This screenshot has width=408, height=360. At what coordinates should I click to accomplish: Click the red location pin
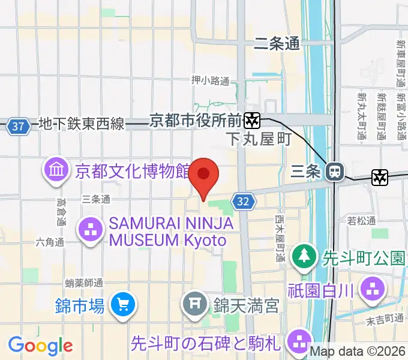[x=204, y=175]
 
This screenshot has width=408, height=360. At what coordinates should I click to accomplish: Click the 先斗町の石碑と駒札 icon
[x=299, y=343]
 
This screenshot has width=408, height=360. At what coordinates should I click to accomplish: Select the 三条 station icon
[x=334, y=172]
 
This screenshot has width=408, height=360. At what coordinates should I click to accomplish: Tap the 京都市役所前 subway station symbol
[x=253, y=121]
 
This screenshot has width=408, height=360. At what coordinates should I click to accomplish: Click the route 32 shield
[x=242, y=202]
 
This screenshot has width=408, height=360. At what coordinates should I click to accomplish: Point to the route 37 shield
[x=19, y=127]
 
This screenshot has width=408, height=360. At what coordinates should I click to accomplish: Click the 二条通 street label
[x=277, y=43]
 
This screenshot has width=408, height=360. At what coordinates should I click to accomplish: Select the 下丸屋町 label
[x=259, y=140]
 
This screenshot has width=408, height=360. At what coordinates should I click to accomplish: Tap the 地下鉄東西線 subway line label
[x=82, y=124]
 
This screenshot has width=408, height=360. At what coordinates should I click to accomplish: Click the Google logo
[x=40, y=346]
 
